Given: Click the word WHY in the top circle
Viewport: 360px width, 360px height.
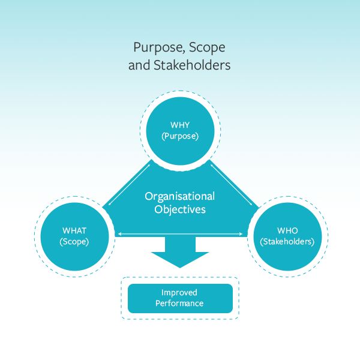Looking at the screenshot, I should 180,125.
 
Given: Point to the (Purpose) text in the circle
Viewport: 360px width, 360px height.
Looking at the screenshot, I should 180,136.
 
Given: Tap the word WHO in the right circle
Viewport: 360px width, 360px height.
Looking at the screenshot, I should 287,230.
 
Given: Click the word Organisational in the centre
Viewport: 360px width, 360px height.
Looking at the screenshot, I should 180,196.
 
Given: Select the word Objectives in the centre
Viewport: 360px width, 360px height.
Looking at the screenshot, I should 180,209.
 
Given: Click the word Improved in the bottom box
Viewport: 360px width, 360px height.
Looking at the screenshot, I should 179,293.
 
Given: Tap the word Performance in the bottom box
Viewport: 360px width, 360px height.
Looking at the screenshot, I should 179,304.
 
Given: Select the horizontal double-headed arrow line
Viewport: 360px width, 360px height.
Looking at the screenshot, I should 180,233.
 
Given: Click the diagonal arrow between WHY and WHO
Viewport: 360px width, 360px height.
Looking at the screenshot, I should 230,187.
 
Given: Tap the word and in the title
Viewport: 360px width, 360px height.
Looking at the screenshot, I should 139,65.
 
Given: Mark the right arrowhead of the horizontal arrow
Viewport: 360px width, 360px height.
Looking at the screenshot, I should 243,233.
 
